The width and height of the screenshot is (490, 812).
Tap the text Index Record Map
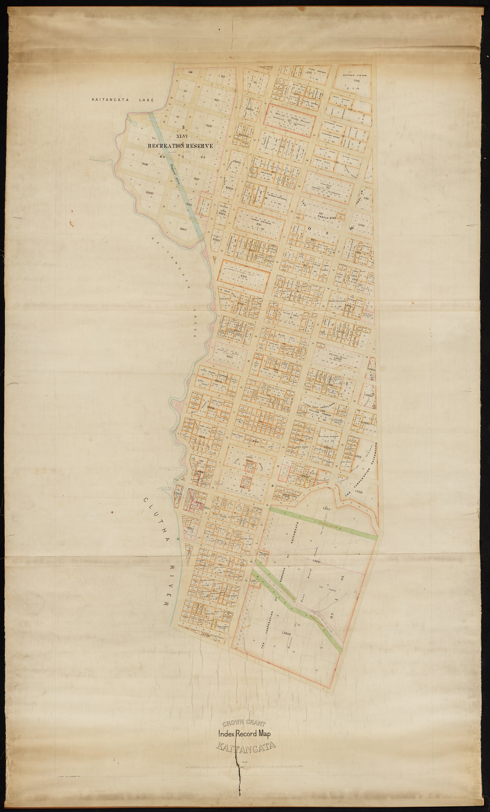[x=244, y=734]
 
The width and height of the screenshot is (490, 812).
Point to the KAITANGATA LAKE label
[x=123, y=100]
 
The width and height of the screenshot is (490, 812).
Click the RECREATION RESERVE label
[x=180, y=146]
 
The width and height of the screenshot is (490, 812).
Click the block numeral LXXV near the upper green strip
[x=327, y=508]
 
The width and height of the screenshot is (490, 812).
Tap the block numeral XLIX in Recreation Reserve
[x=145, y=164]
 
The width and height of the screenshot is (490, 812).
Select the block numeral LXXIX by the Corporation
[x=359, y=490]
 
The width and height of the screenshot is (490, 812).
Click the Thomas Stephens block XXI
[x=259, y=223]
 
